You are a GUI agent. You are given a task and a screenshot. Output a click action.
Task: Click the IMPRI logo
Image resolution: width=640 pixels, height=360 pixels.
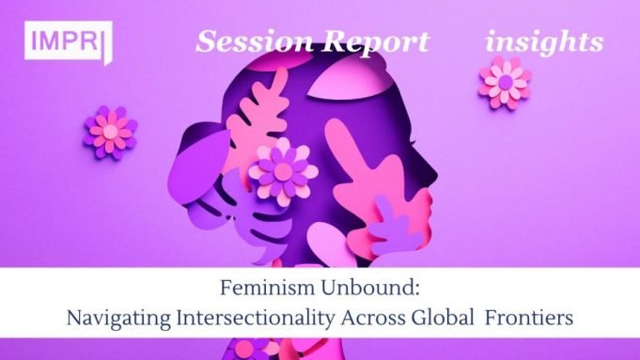point(69,43)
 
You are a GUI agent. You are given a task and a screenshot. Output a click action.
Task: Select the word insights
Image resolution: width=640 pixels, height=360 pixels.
point(544,42)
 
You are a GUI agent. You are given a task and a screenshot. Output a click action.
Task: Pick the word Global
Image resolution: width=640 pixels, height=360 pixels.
point(455,318)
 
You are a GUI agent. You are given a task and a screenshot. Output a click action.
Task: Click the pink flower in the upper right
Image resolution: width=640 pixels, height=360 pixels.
point(505,82)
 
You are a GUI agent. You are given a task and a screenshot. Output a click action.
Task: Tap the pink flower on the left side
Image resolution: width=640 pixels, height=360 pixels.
point(111,131)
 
